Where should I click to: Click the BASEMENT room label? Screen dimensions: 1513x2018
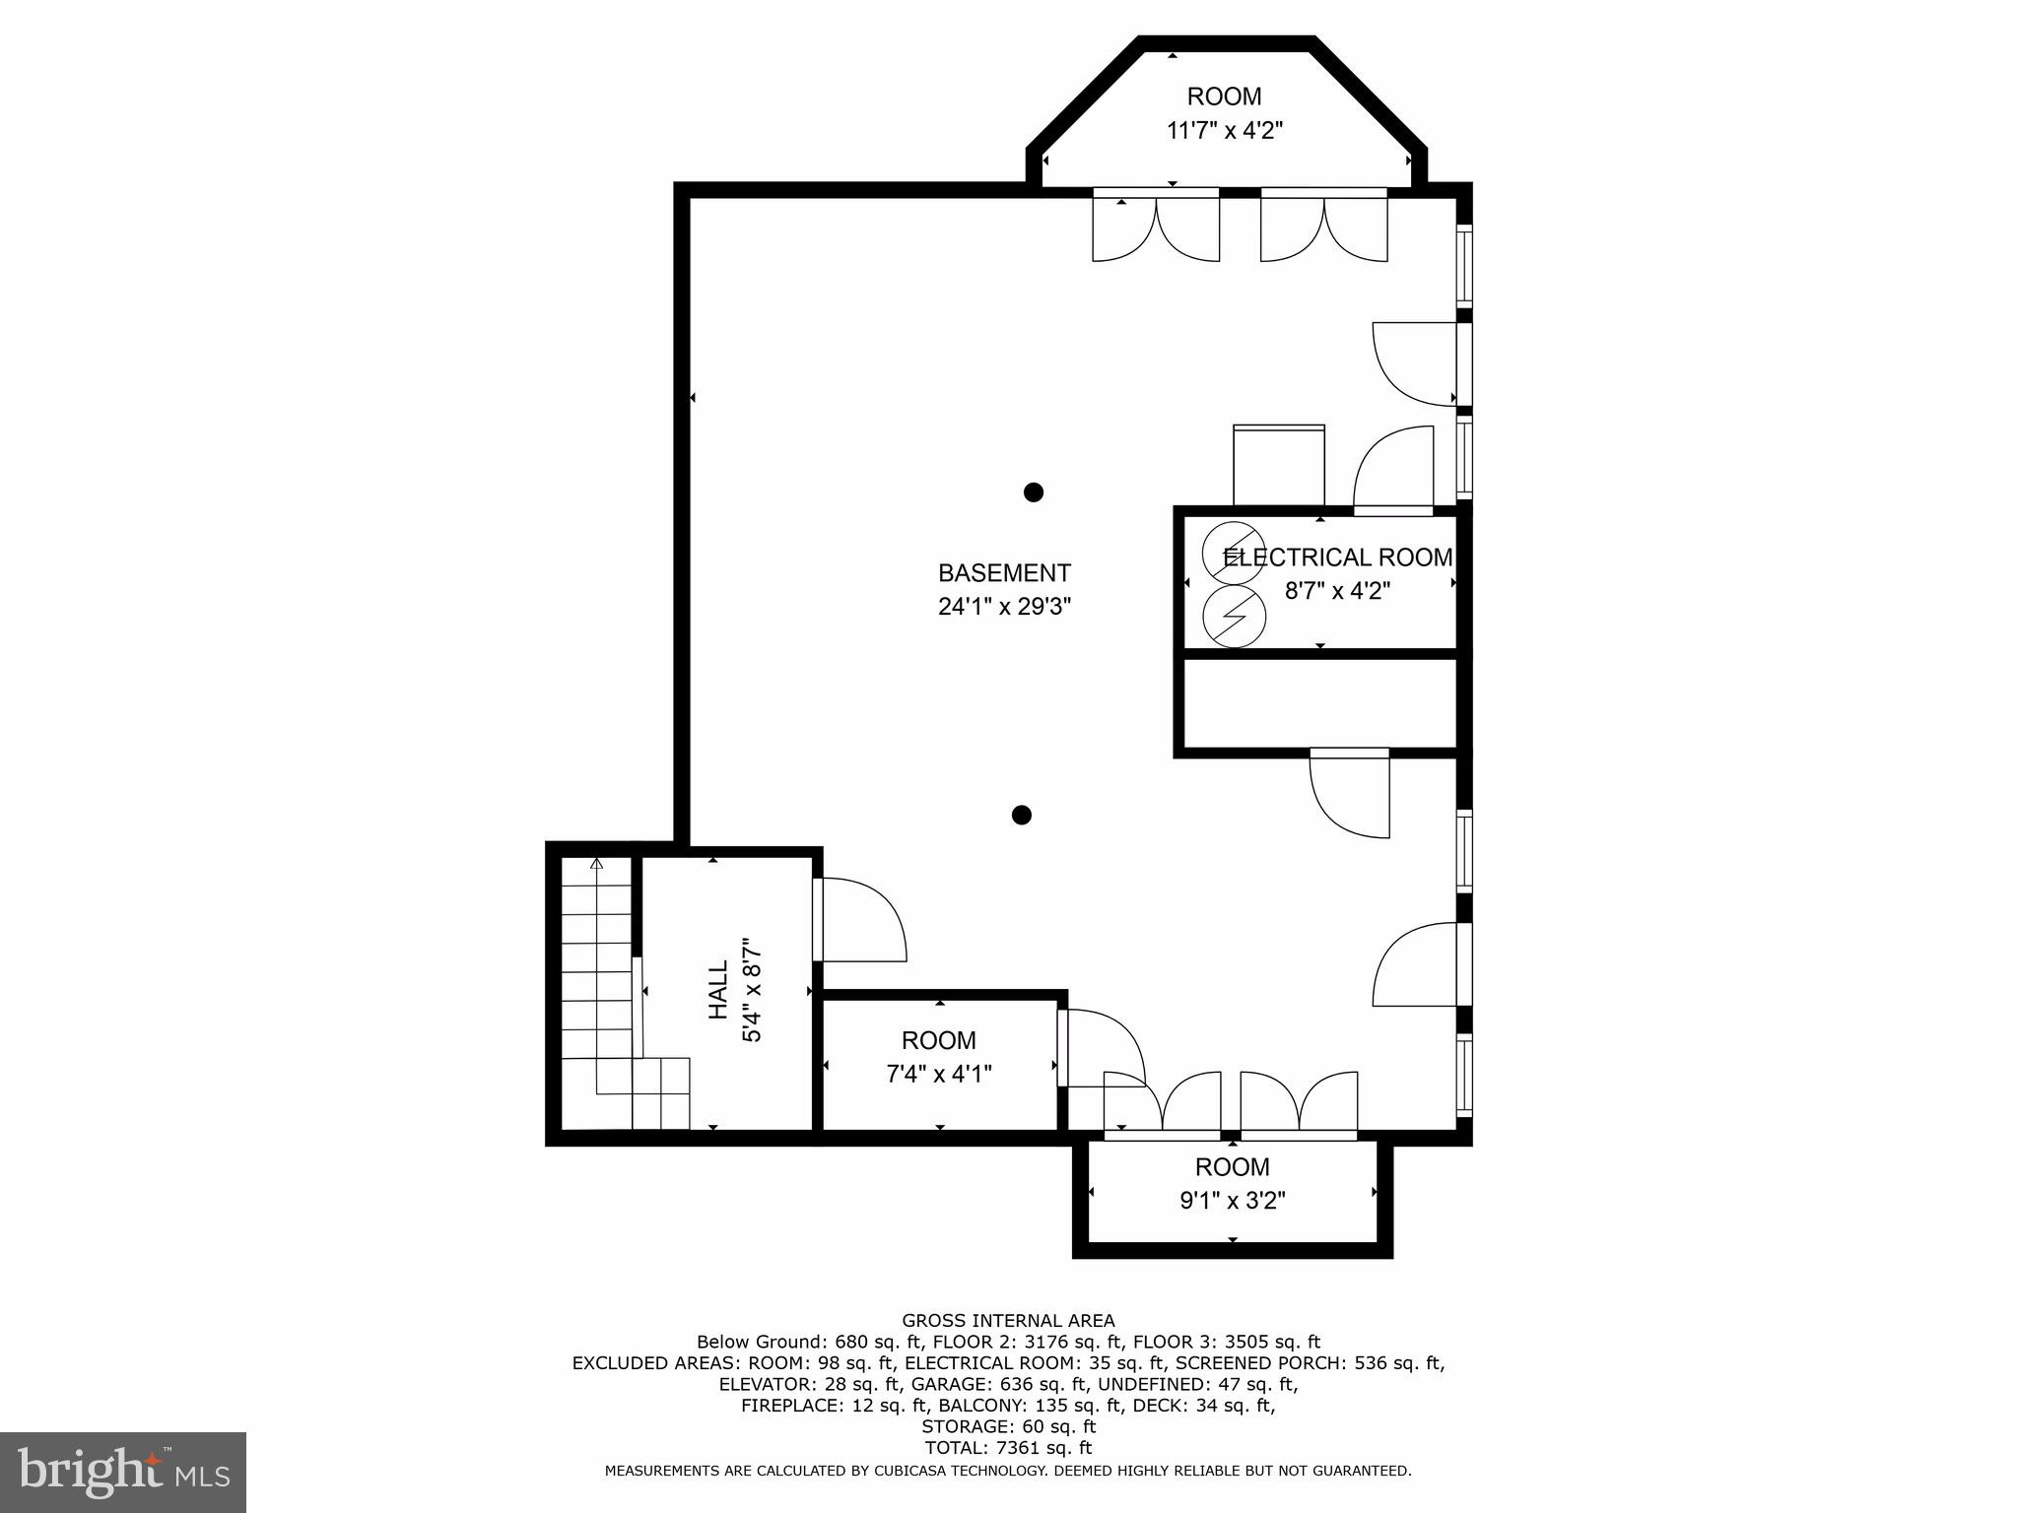point(1004,573)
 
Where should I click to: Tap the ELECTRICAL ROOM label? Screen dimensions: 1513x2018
point(1337,558)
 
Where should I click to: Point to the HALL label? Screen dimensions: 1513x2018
point(718,990)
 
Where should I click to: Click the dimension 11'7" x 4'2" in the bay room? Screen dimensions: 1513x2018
point(1224,130)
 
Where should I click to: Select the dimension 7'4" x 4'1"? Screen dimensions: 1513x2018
point(938,1074)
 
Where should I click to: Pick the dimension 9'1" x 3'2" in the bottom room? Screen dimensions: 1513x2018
point(1232,1201)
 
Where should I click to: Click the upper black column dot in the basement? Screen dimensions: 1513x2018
point(1033,492)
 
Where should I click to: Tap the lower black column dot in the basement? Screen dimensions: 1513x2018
point(1022,815)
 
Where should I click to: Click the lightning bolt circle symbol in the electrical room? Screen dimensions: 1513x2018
point(1234,616)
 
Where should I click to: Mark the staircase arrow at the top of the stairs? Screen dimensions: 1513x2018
point(596,864)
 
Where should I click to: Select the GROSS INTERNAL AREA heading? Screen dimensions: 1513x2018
point(1008,1321)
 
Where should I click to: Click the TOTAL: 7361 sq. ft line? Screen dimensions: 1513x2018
point(1008,1448)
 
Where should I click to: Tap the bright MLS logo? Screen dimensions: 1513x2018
point(123,1473)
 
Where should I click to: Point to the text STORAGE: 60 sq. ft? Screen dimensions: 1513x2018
point(1008,1426)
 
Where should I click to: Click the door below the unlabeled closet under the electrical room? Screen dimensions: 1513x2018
point(1350,793)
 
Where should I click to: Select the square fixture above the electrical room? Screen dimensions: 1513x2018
point(1279,466)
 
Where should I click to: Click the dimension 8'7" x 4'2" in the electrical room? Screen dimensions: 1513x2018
point(1337,591)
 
